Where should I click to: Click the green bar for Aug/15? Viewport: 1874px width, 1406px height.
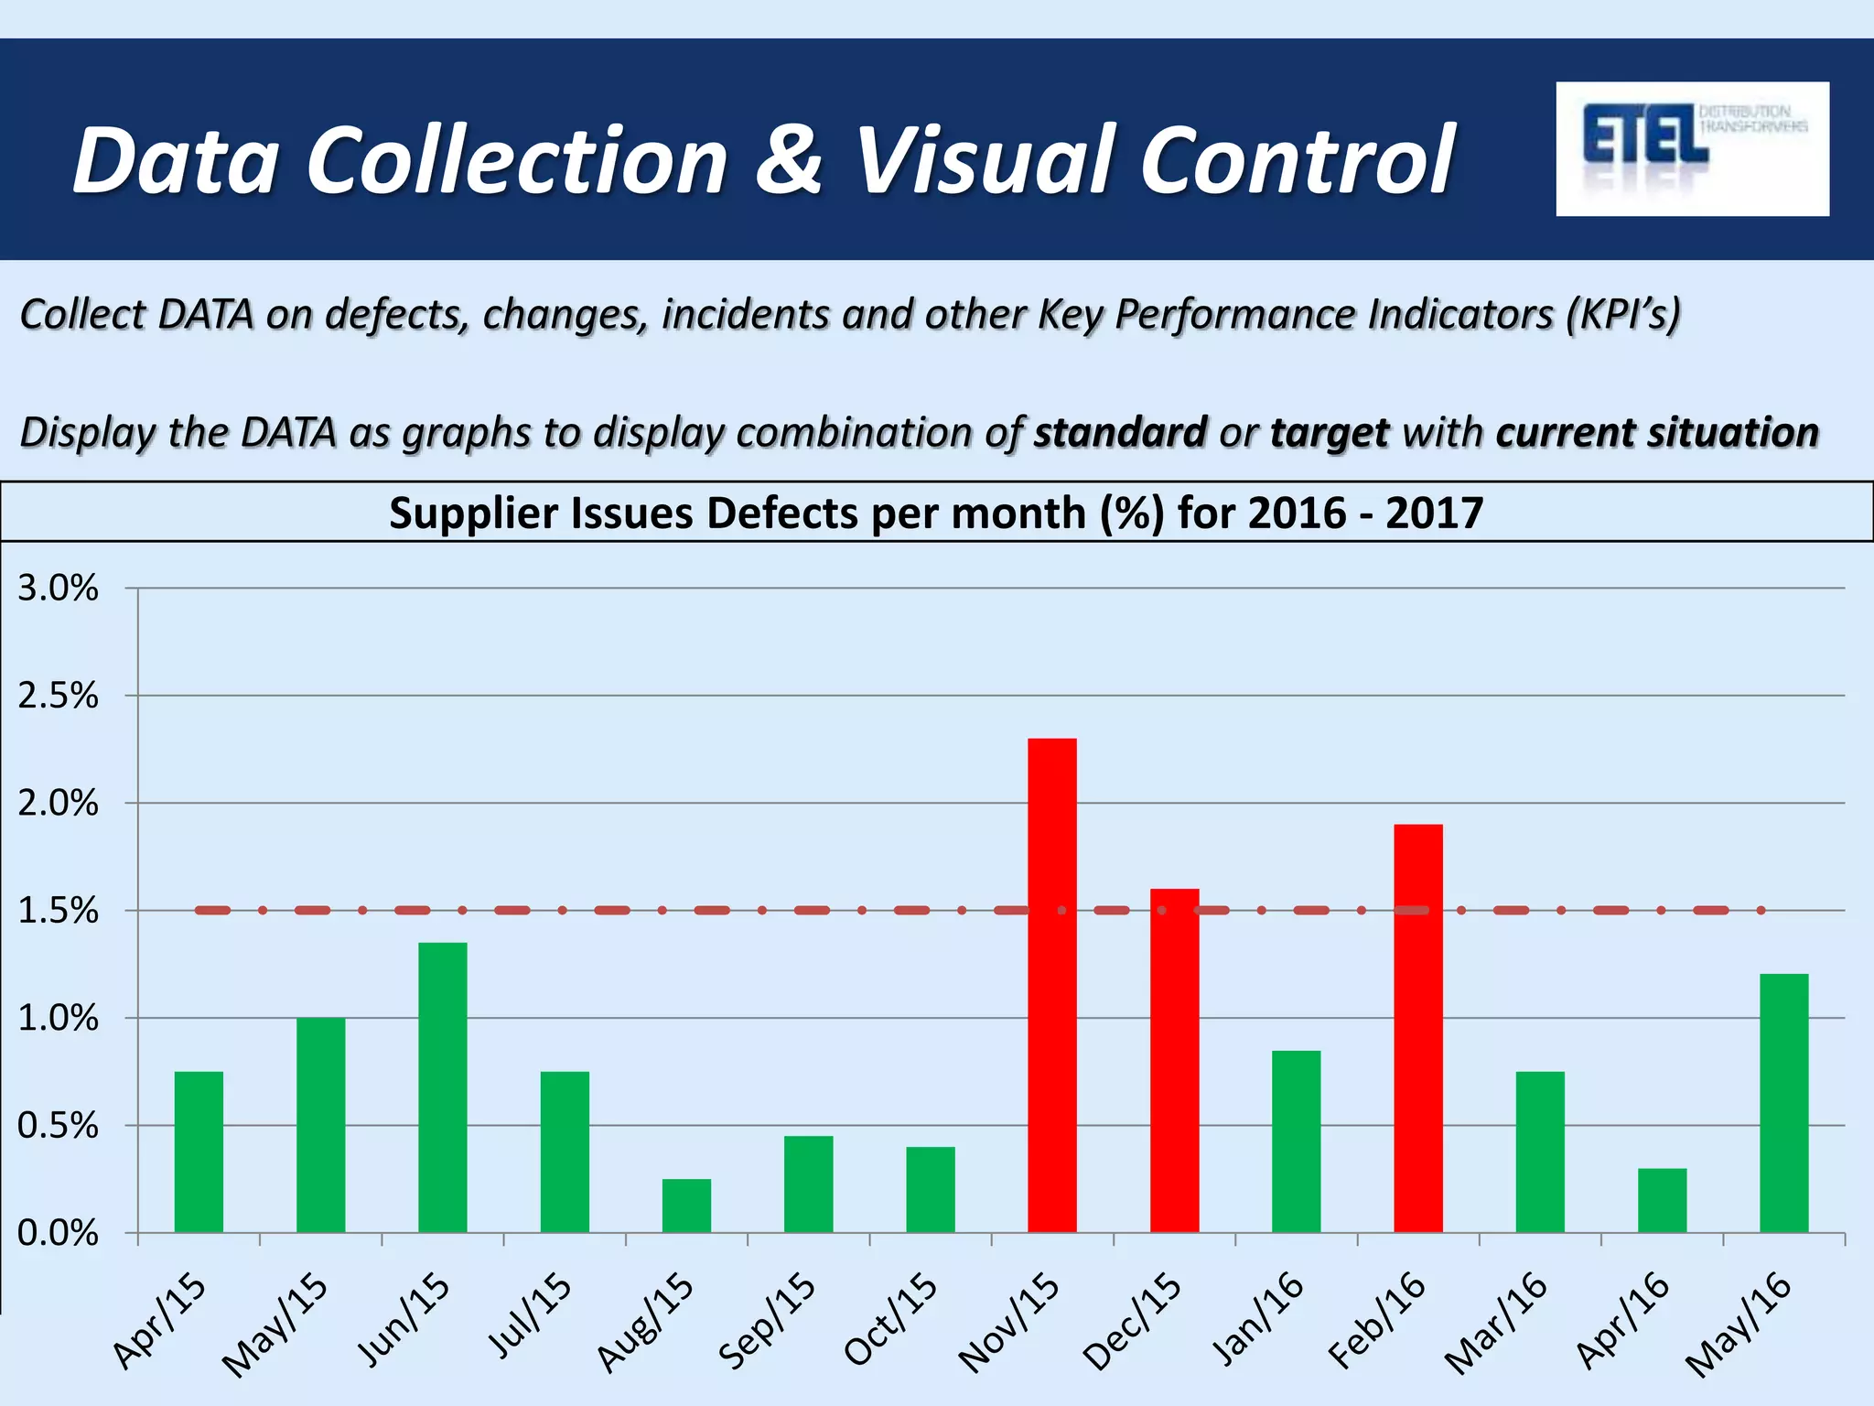(686, 1206)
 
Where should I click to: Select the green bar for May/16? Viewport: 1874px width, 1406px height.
(1784, 1103)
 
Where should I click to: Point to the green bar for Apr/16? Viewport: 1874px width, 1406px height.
(1662, 1200)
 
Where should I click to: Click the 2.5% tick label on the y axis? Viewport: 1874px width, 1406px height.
(58, 696)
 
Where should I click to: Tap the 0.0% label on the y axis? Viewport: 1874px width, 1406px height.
(58, 1233)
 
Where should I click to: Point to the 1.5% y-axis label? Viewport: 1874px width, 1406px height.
(58, 911)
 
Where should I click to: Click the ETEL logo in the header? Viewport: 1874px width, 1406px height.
(1692, 148)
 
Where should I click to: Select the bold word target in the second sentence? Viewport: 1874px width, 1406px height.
(1330, 432)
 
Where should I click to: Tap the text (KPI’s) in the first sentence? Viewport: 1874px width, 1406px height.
(1622, 314)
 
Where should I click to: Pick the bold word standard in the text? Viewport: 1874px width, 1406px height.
(1120, 432)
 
